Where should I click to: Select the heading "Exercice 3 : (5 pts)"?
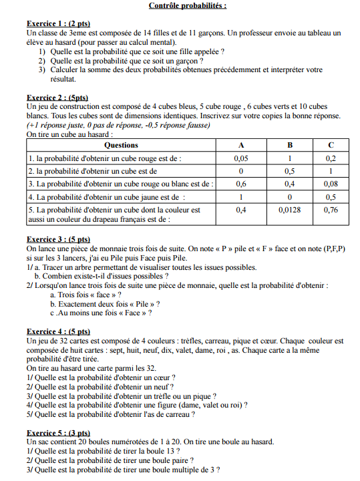pos(58,239)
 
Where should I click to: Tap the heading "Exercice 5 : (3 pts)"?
pos(58,434)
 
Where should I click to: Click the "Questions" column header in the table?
pos(122,145)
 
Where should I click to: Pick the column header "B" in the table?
pos(290,145)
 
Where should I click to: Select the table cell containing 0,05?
pos(241,159)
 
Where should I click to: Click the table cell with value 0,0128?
pos(290,210)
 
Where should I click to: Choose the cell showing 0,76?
pos(330,210)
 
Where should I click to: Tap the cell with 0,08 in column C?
pos(330,184)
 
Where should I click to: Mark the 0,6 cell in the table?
pos(241,184)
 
